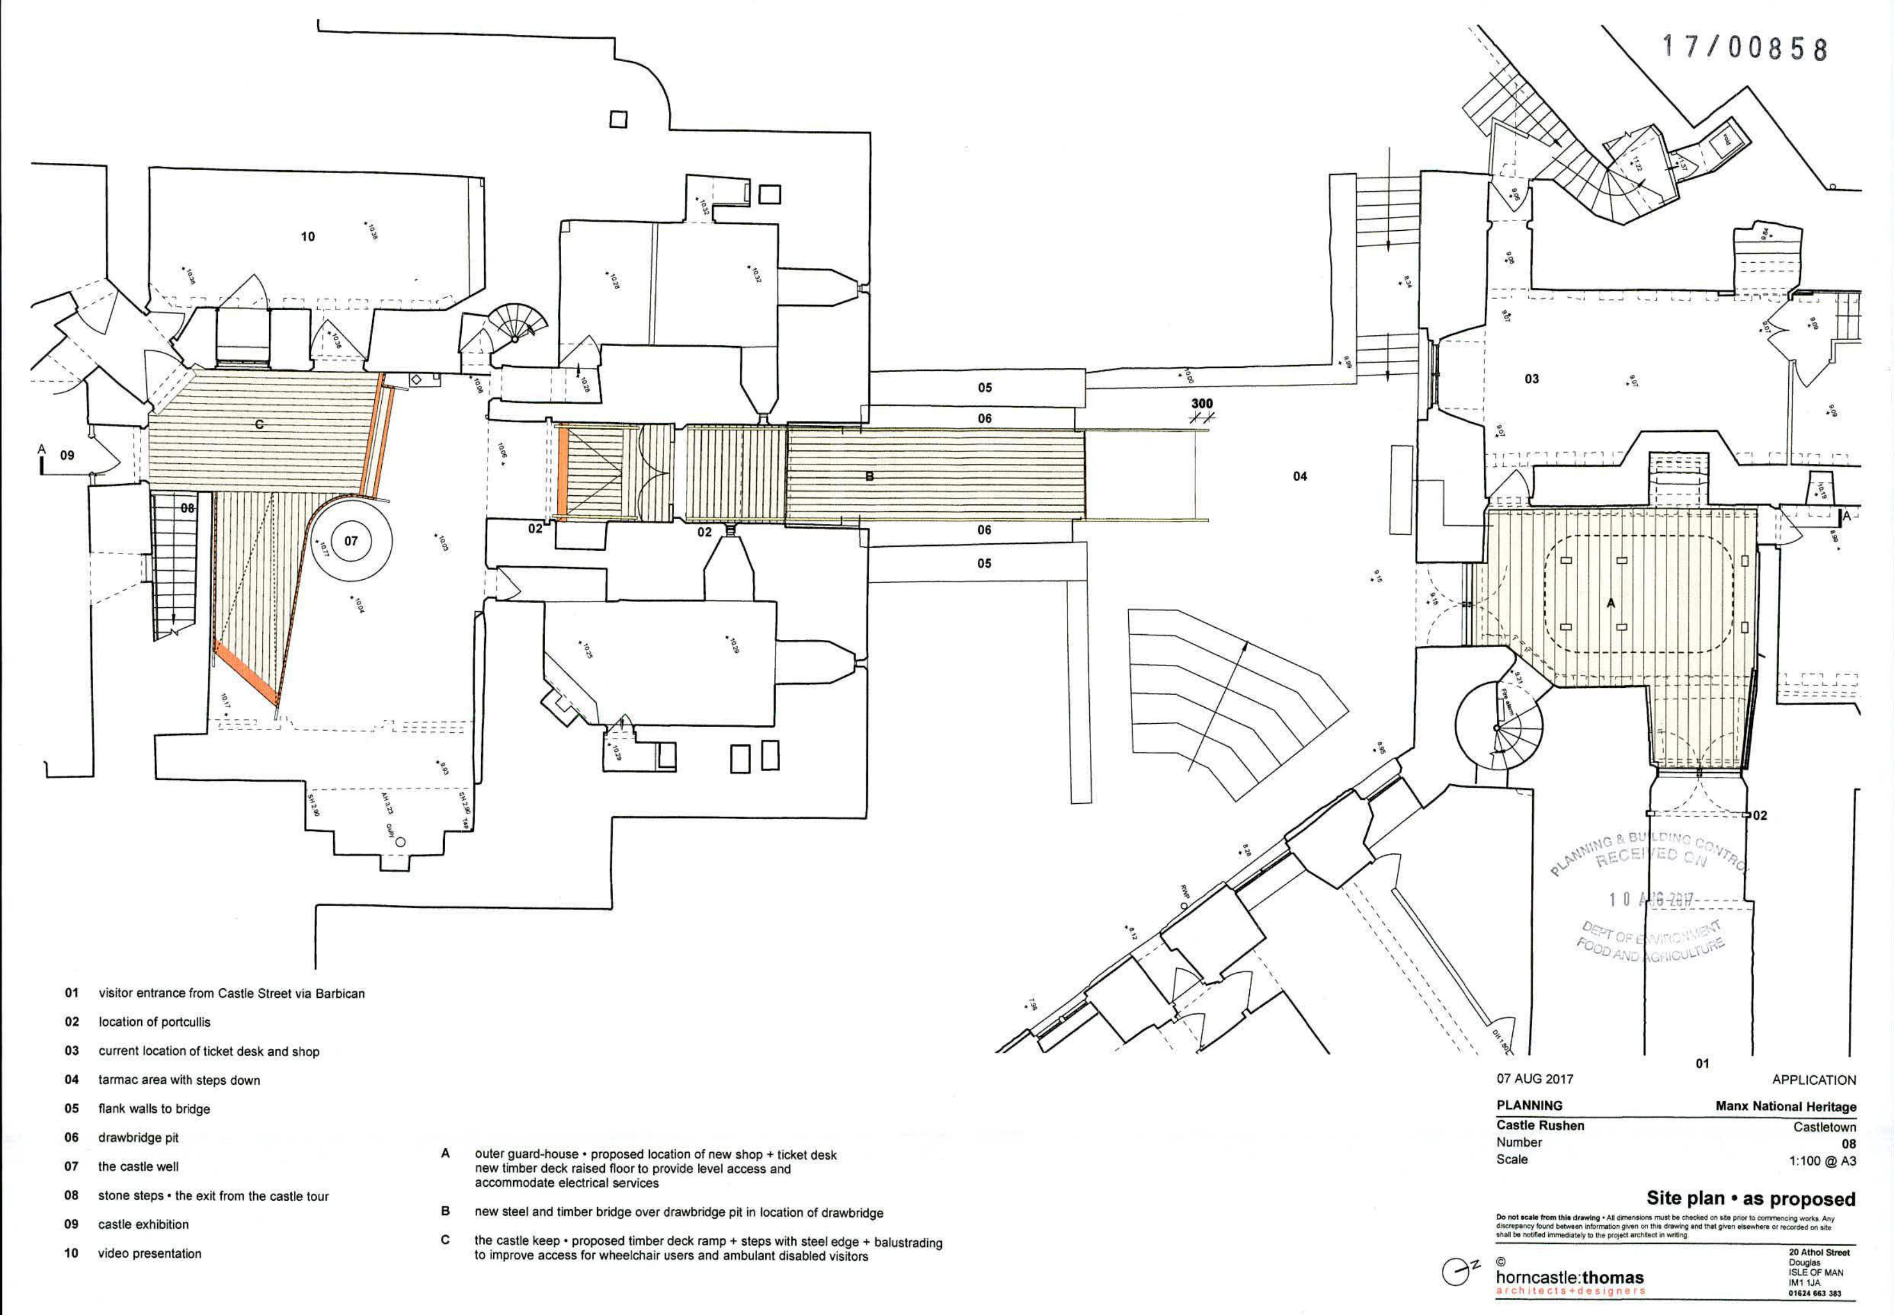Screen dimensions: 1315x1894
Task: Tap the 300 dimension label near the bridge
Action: pyautogui.click(x=1202, y=404)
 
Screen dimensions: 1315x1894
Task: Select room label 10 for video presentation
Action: pyautogui.click(x=307, y=236)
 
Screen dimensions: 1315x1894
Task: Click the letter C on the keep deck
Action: pyautogui.click(x=259, y=424)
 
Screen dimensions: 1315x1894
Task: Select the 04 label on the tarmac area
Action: pyautogui.click(x=1300, y=476)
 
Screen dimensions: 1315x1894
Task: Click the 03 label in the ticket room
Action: pyautogui.click(x=1531, y=379)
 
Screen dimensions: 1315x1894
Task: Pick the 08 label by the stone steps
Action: pyautogui.click(x=188, y=508)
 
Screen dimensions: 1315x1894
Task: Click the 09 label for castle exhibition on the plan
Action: pyautogui.click(x=67, y=455)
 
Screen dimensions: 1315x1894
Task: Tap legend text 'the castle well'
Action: pyautogui.click(x=138, y=1166)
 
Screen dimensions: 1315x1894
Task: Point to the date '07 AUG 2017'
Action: pyautogui.click(x=1535, y=1079)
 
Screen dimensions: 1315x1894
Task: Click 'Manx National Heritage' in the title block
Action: pyautogui.click(x=1786, y=1106)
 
